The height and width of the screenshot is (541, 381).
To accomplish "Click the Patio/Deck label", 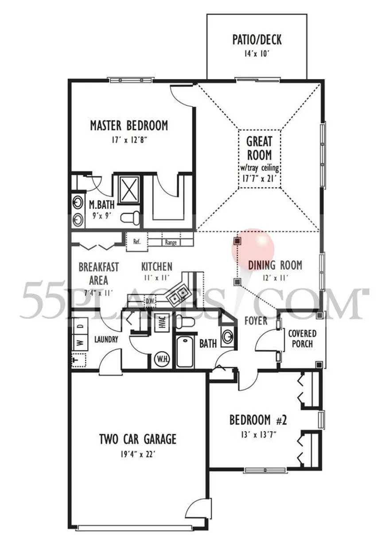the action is tap(257, 40).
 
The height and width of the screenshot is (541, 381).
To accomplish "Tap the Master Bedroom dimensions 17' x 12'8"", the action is tap(129, 140).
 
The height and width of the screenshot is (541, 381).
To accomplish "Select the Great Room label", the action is tap(259, 148).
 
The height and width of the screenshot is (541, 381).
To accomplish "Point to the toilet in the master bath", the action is tap(130, 216).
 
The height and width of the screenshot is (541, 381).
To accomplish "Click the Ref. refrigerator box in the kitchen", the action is tap(137, 242).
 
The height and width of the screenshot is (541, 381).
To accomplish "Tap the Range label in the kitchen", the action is tap(171, 242).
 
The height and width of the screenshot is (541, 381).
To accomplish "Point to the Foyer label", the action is tap(256, 321).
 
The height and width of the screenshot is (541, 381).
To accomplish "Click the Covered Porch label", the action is tap(302, 339).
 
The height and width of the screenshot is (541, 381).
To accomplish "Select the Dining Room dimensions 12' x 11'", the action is tap(275, 278).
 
